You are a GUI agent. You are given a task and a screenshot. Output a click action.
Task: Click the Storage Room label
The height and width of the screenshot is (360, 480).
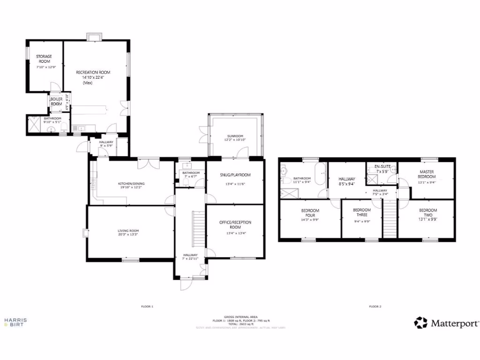44,59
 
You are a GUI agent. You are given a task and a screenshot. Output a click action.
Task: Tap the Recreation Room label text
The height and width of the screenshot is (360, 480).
93,72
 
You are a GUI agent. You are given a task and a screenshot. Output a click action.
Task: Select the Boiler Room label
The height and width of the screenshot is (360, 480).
56,101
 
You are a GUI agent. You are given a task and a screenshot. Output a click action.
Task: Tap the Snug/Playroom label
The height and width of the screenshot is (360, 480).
235,175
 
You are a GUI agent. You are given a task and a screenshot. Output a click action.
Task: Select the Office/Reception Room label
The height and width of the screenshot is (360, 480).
235,225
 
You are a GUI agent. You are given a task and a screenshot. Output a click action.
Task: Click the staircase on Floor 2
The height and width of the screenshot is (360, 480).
390,218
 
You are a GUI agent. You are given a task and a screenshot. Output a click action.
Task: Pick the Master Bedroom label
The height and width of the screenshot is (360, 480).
427,174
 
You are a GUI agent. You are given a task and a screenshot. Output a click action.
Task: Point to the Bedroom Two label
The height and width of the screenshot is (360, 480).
427,210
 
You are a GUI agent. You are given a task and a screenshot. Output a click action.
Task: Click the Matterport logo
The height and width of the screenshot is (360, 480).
447,322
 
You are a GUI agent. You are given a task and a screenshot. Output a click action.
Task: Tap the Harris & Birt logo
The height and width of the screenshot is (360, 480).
15,322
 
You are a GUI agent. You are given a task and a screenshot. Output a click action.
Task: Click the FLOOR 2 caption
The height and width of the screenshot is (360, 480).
375,307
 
